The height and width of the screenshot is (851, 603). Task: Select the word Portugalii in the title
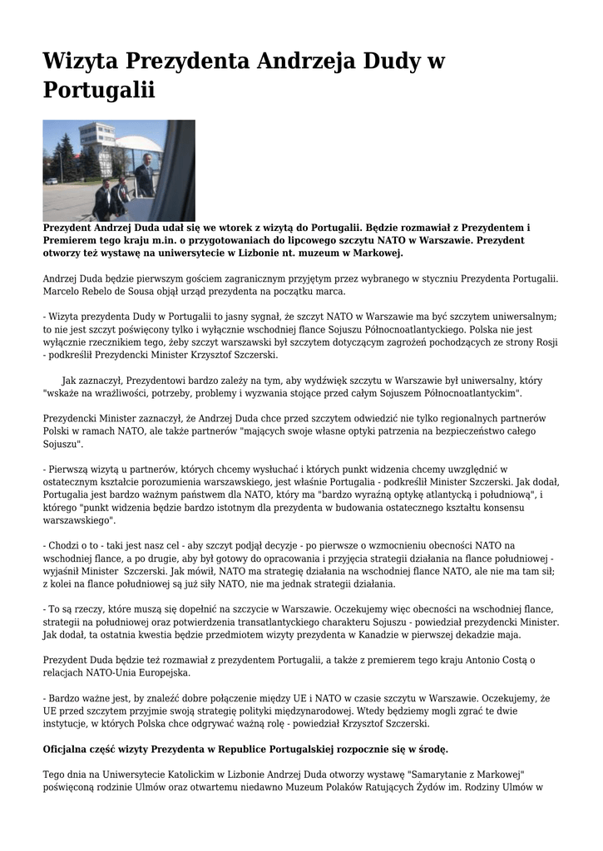coord(99,90)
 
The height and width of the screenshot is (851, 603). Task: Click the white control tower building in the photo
coord(99,137)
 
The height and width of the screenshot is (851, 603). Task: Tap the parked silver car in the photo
coord(52,180)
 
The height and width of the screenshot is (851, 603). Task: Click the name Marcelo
coord(66,292)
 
